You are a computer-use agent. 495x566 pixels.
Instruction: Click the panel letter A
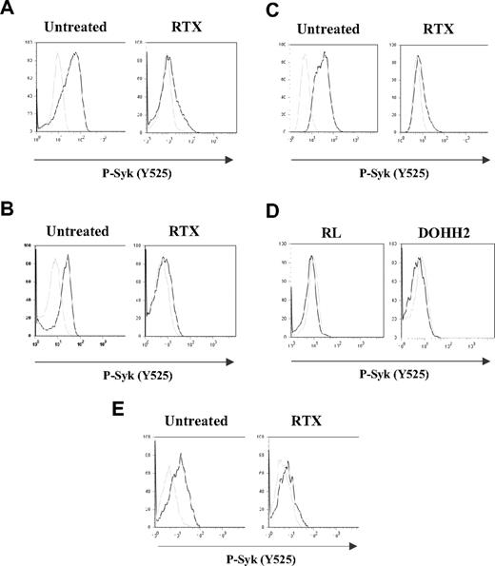tap(9, 10)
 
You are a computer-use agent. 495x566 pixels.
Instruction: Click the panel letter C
tap(253, 10)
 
